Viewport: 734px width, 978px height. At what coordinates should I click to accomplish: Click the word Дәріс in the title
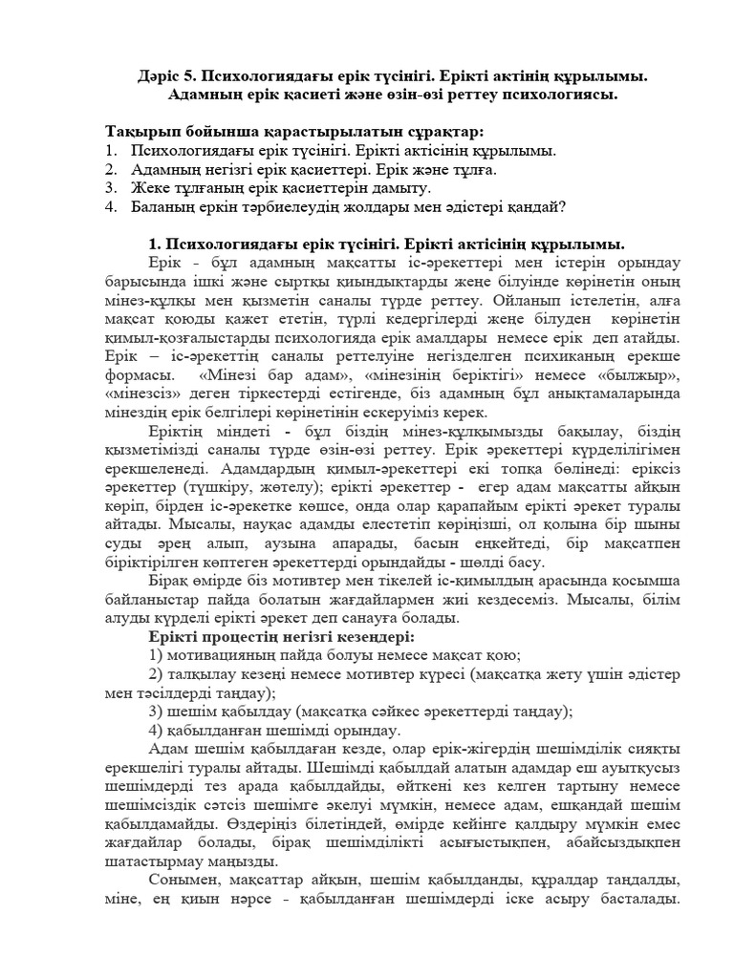coord(149,75)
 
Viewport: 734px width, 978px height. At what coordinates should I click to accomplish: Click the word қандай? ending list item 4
coord(538,206)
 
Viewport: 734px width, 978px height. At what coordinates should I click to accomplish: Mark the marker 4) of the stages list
coord(156,731)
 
